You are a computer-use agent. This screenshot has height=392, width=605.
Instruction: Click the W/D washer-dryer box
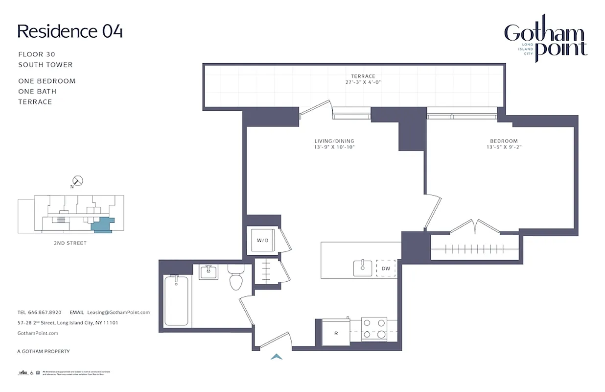pos(260,241)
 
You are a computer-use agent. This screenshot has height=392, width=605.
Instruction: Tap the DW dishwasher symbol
pos(386,268)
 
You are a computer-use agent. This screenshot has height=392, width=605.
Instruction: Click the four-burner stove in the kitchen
pos(374,329)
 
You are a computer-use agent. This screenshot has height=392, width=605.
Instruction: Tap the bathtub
pos(177,301)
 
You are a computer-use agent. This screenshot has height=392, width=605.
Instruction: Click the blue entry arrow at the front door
pos(277,357)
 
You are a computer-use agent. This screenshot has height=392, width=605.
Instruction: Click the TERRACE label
pos(363,76)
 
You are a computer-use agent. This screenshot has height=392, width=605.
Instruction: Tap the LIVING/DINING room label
pos(334,141)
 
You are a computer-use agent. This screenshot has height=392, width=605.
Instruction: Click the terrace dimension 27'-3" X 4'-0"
pos(363,82)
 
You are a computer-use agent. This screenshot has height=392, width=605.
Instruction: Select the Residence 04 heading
pos(70,31)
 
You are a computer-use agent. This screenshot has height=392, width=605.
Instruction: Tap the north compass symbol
pos(77,181)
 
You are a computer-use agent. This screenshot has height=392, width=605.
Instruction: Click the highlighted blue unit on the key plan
pos(103,225)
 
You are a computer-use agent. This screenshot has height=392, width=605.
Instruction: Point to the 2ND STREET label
pos(70,243)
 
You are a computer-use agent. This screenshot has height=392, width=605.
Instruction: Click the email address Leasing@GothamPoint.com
pos(118,312)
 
